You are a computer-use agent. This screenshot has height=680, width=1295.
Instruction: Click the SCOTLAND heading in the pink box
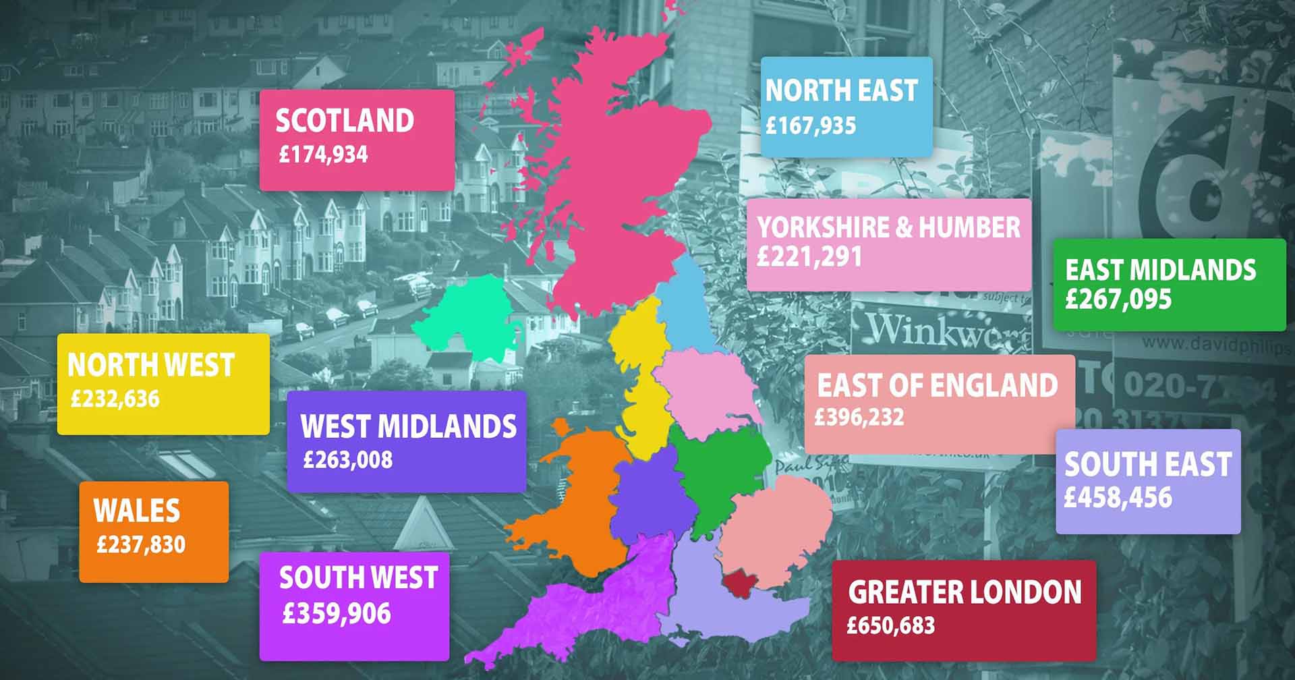pos(345,121)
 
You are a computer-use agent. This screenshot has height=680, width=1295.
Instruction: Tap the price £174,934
pos(324,154)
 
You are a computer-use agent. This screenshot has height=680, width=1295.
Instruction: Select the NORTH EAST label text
pos(841,90)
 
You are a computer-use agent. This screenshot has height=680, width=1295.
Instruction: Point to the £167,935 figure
pos(811,125)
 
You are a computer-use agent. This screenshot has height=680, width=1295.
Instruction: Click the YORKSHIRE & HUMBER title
pos(889,227)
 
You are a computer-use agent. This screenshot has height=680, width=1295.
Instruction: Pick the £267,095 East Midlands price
pos(1118,300)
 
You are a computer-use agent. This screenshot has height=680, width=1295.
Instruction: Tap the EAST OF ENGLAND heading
pos(938,385)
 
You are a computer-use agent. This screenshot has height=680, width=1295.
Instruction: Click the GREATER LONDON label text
pos(965,592)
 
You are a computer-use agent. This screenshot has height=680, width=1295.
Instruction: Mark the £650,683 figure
pos(891,625)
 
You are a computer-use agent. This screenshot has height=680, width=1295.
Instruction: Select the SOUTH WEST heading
pos(358,578)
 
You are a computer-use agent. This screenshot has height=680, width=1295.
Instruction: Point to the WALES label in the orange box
pos(137,511)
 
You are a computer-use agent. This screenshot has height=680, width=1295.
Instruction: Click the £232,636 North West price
pos(115,399)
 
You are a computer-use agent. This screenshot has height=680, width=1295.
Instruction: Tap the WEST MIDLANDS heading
pos(409,426)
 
